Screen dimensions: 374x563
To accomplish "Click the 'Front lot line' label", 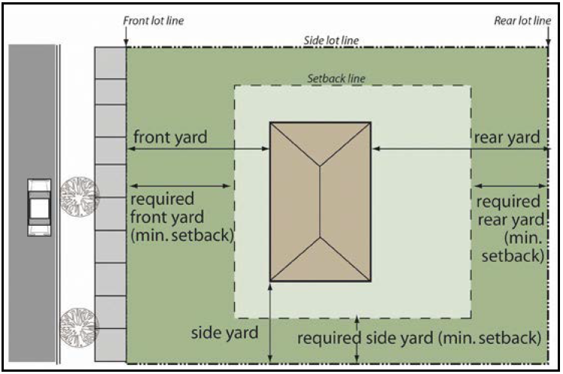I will (x=154, y=20).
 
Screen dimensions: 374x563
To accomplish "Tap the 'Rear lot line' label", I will (x=522, y=20).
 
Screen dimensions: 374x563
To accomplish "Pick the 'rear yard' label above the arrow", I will (x=507, y=138).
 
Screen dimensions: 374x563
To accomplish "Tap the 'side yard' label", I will (x=224, y=332).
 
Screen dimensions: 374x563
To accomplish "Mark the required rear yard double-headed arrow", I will (x=510, y=186).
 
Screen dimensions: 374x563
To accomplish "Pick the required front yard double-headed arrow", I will (x=181, y=186).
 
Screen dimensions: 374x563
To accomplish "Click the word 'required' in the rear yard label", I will (x=508, y=202).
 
